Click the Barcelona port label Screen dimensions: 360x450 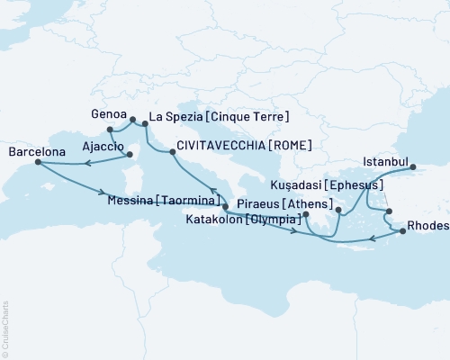(36, 153)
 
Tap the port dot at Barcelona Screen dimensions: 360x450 (37, 163)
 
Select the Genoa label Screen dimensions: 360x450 (108, 115)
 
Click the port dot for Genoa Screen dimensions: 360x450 (132, 120)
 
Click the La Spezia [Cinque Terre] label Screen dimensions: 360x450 (218, 117)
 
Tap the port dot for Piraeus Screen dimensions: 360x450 (306, 214)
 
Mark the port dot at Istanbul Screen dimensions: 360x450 (412, 166)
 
